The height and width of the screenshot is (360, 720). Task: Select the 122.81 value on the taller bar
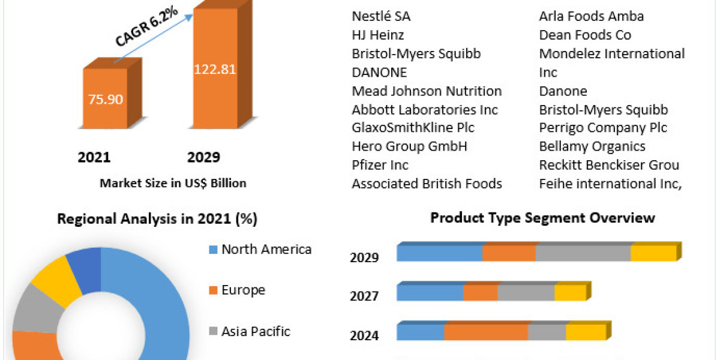coord(214,68)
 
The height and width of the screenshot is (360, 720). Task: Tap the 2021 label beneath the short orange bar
coord(94,157)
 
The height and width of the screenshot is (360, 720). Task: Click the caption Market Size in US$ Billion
coord(173,183)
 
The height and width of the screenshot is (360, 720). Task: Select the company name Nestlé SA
coord(381,16)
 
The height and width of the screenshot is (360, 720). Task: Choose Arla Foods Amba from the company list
coord(591,16)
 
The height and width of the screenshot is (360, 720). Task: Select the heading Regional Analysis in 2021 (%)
coord(157,220)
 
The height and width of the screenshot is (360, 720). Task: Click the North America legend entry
coord(266,249)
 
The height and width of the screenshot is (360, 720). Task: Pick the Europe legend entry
coord(243,290)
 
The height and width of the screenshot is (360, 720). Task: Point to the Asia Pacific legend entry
coord(256,331)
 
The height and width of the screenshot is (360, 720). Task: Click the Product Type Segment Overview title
coord(542,218)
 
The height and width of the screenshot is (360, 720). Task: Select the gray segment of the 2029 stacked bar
coord(583,253)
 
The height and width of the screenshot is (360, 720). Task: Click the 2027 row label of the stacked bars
coord(364,296)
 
